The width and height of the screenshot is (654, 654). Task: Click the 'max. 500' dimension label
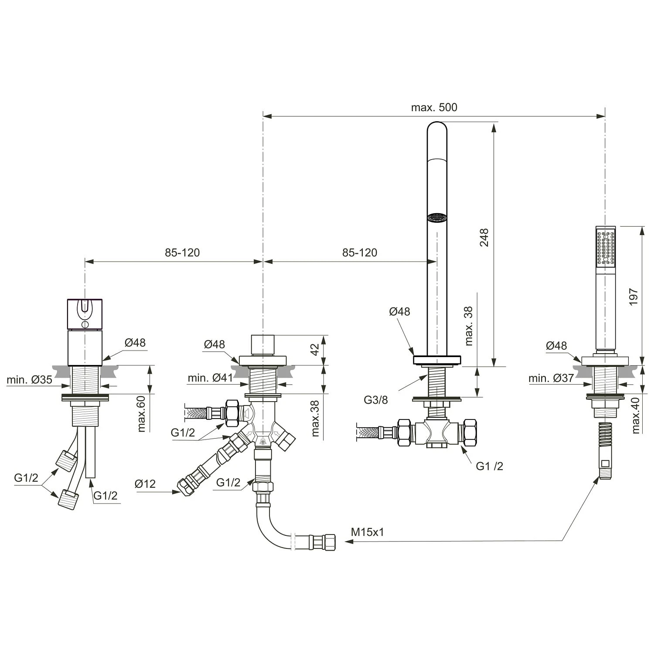tap(434, 107)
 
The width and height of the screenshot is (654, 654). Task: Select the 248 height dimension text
tap(484, 238)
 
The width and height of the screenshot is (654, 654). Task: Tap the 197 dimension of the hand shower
tap(634, 296)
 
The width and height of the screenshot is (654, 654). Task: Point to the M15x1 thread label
tap(368, 532)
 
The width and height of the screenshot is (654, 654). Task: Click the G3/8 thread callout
tap(376, 399)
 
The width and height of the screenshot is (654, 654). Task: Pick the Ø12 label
tap(145, 484)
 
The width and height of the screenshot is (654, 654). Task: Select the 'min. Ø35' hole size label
tap(29, 380)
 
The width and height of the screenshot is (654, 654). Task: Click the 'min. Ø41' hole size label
tap(210, 378)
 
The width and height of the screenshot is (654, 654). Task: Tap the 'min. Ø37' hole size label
tap(551, 378)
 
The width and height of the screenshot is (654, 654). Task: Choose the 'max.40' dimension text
tap(636, 416)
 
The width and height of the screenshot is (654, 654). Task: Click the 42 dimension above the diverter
tap(314, 349)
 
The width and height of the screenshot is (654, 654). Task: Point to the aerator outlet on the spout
tap(437, 217)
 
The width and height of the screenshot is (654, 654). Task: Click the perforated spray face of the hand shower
tap(606, 248)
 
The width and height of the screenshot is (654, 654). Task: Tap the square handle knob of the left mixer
tap(85, 314)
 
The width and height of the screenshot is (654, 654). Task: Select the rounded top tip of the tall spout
tap(437, 129)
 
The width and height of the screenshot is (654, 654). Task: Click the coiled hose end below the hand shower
tap(605, 449)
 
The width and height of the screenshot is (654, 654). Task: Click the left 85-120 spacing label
tap(182, 252)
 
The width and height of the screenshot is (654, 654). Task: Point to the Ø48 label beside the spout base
tap(399, 311)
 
